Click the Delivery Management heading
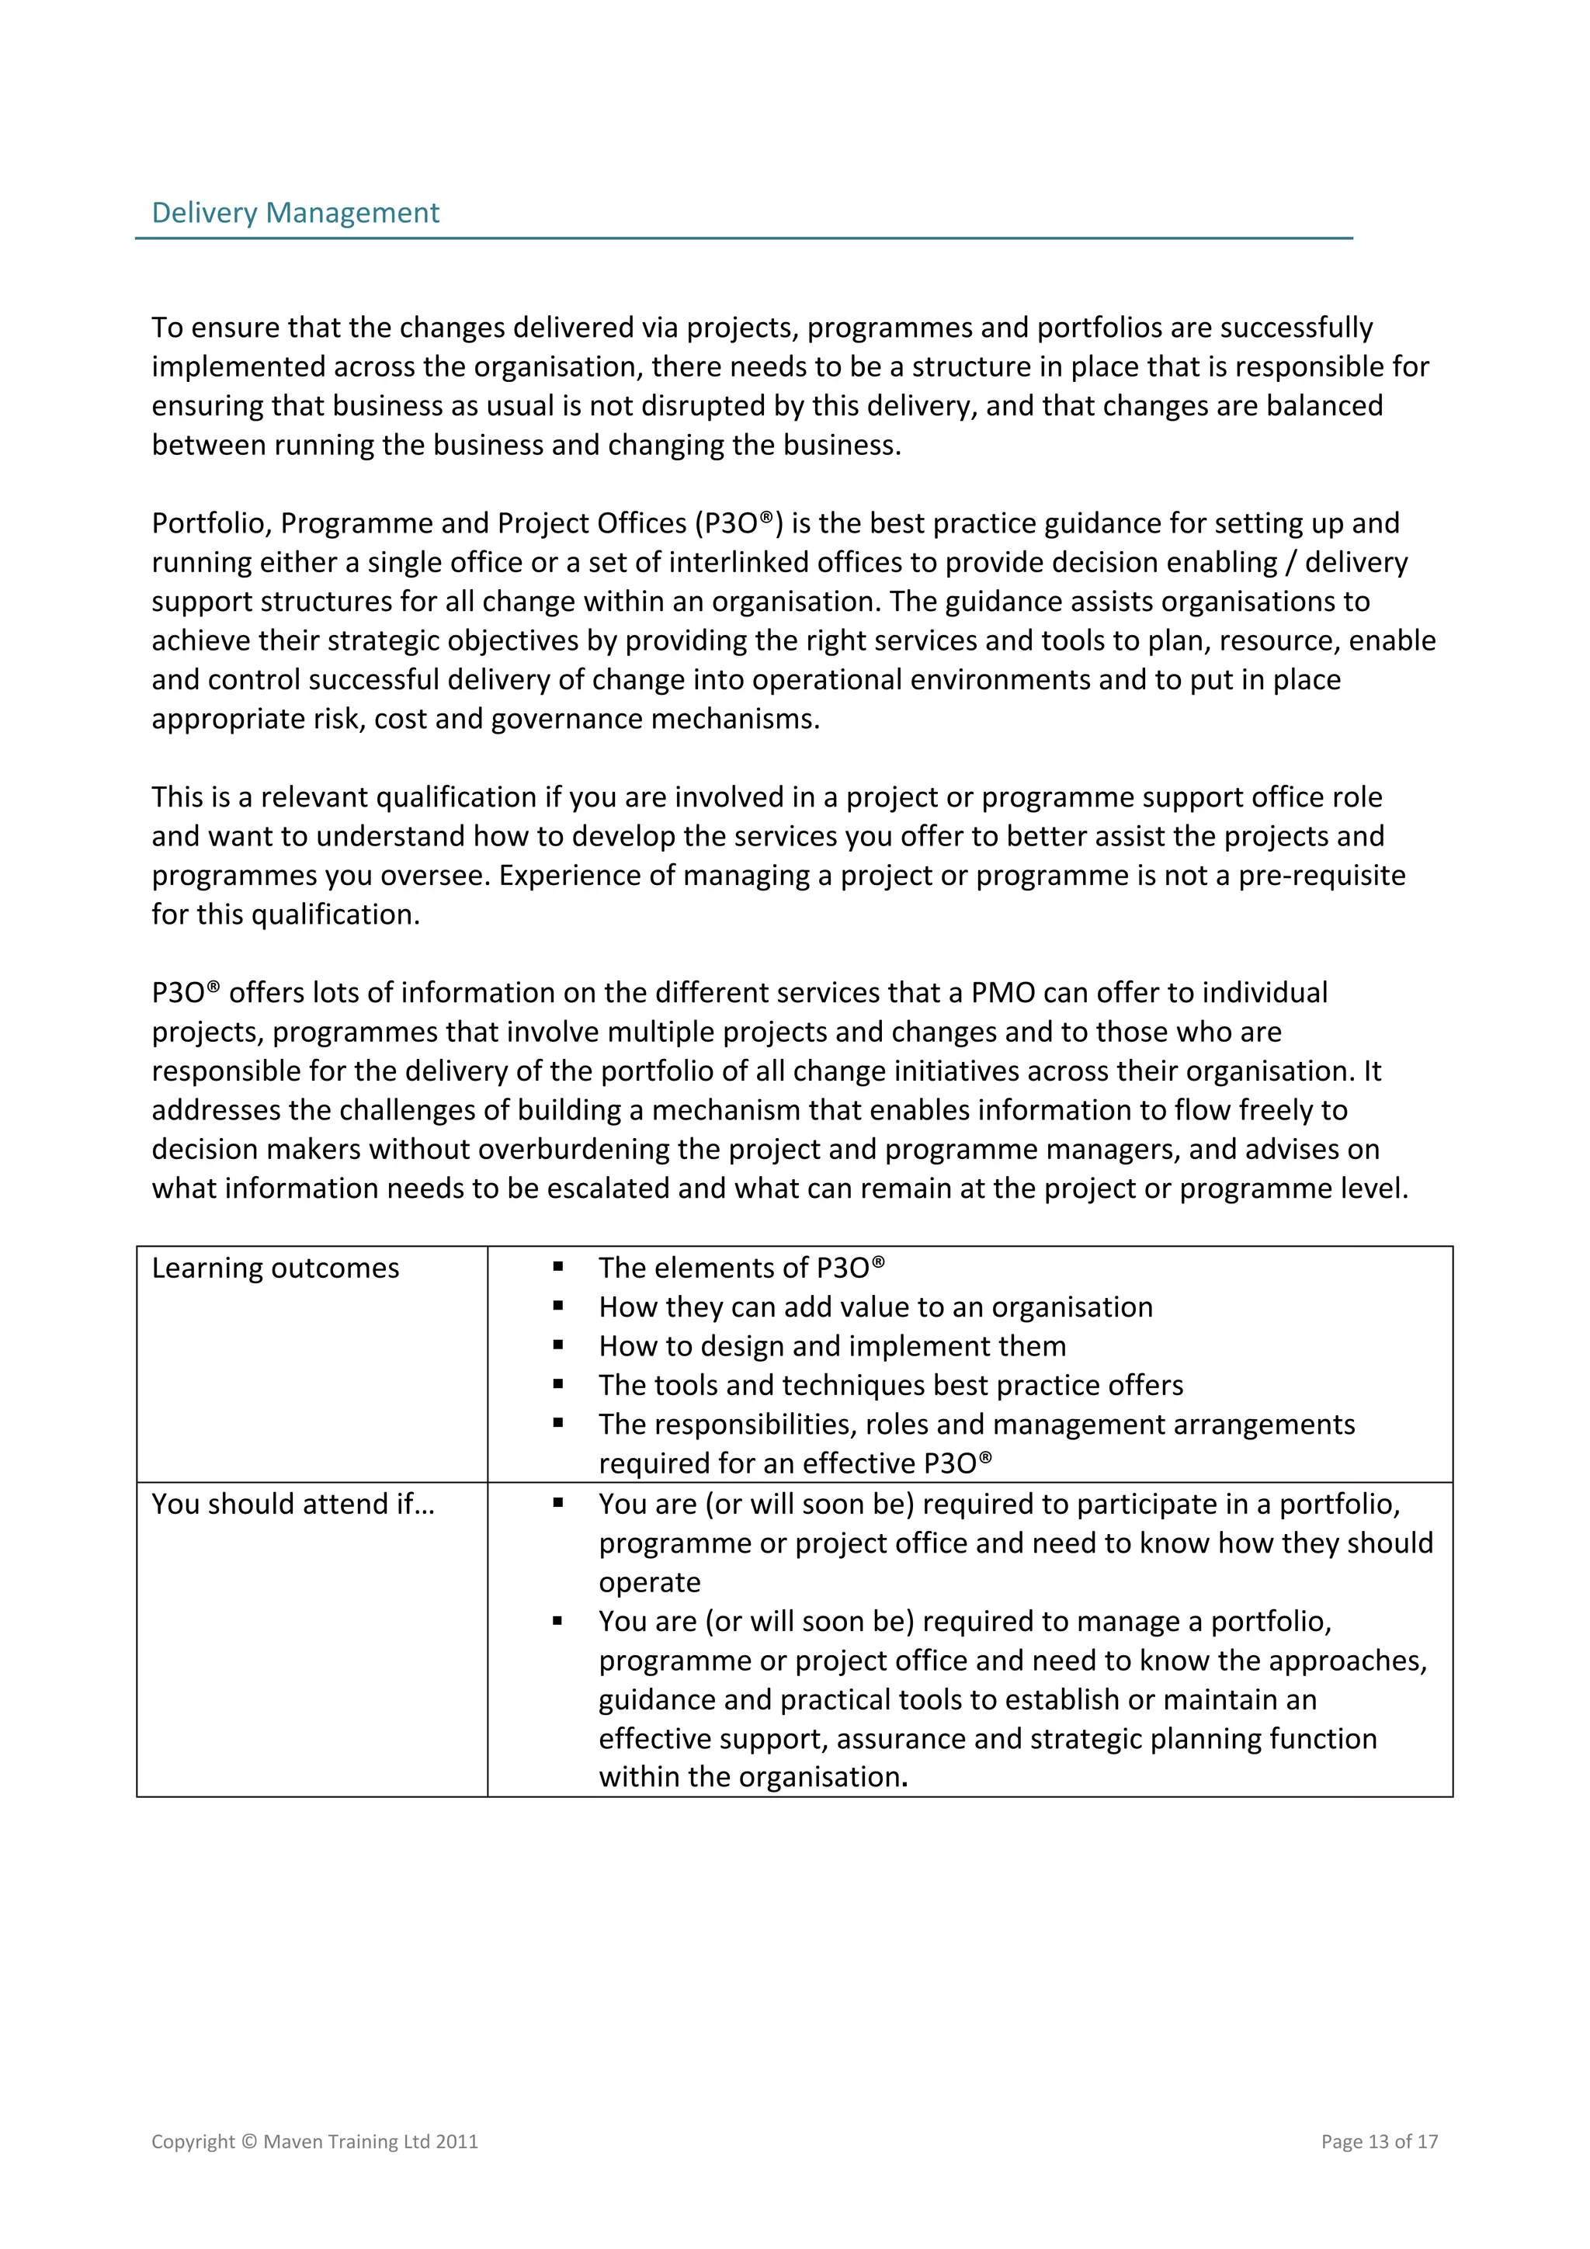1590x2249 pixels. coord(295,213)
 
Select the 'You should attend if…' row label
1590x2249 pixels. coord(292,1504)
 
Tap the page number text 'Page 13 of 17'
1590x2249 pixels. coord(1378,2141)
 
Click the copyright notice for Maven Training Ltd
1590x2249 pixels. coord(314,2141)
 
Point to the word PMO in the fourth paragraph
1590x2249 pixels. coord(1002,992)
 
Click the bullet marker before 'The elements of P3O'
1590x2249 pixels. coord(557,1266)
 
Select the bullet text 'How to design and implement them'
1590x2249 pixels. coord(831,1346)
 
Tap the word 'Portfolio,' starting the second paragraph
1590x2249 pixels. coord(212,523)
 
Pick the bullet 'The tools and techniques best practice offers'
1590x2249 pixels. coord(890,1385)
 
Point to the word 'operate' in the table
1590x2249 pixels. coord(650,1582)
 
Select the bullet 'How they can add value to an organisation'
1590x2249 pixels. coord(875,1307)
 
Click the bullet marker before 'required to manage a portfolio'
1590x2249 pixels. coord(557,1621)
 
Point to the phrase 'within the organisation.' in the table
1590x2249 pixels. coord(752,1777)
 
